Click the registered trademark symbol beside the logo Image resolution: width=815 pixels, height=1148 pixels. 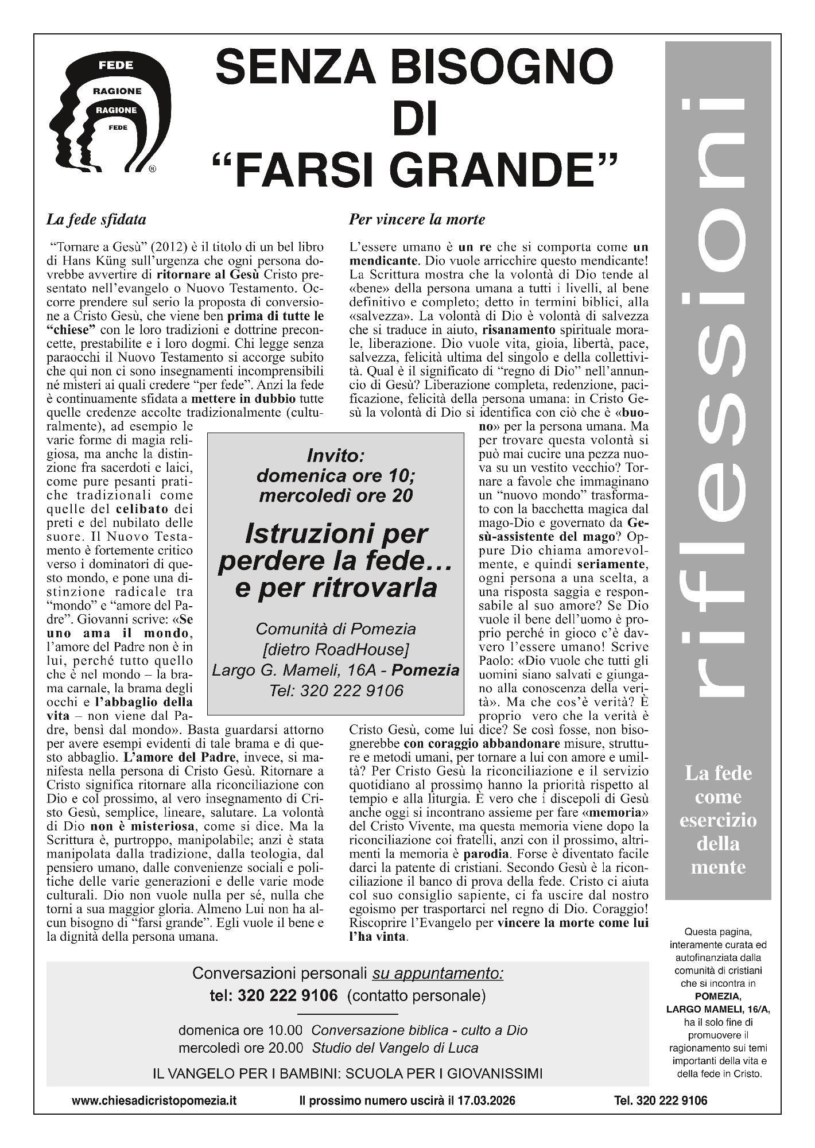coord(152,169)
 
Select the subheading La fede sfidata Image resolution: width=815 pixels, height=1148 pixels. coord(96,219)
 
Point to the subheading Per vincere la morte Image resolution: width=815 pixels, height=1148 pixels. coord(417,219)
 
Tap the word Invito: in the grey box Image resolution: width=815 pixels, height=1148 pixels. coord(336,456)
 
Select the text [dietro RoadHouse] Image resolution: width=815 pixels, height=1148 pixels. coord(336,650)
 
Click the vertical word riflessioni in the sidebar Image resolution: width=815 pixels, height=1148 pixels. coord(717,402)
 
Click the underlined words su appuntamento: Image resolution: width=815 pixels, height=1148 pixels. coord(438,974)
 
